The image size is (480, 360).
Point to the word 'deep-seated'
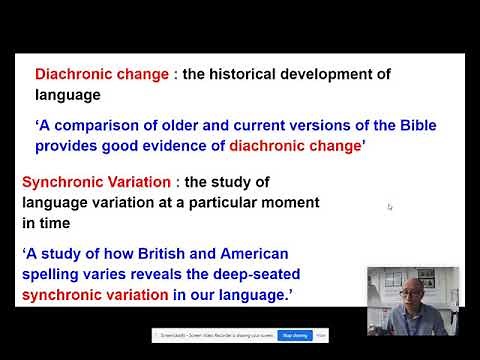258,273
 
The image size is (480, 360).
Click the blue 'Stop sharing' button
294,335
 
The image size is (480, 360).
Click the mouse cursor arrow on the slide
390,207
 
